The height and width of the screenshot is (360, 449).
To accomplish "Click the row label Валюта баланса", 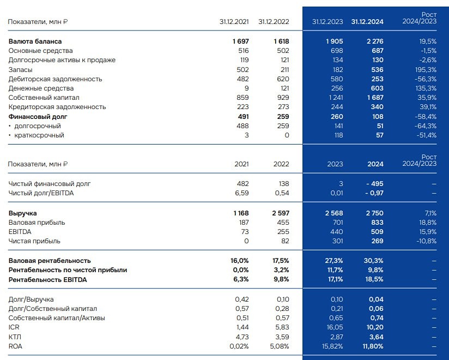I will pos(35,41).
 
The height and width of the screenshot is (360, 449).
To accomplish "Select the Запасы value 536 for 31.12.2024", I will pos(377,70).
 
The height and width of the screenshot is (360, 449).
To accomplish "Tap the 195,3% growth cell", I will pos(425,70).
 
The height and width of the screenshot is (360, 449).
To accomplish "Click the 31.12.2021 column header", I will pos(234,22).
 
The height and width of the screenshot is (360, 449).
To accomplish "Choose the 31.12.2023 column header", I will pos(327,22).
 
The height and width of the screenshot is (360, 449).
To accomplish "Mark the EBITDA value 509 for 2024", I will pos(377,232).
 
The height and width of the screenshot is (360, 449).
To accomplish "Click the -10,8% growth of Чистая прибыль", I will pos(426,241).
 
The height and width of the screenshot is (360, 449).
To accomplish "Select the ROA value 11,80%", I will pos(373,346).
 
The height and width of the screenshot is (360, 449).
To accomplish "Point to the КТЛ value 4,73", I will pos(241,337).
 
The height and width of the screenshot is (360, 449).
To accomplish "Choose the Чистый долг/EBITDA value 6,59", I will pos(241,193).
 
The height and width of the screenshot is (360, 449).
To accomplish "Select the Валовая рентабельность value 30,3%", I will pos(374,261).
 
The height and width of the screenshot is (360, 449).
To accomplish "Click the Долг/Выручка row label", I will pos(31,299).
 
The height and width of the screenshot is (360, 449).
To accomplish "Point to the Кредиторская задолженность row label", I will pos(57,107).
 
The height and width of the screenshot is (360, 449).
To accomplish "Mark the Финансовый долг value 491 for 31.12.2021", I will pos(241,117).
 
